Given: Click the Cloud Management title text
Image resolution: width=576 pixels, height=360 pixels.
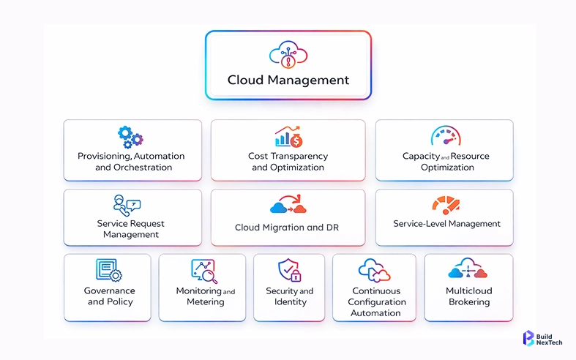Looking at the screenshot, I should click(x=288, y=80).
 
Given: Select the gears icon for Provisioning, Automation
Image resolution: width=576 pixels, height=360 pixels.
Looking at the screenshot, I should click(x=130, y=137).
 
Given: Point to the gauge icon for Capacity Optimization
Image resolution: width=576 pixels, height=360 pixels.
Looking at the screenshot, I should click(x=446, y=136).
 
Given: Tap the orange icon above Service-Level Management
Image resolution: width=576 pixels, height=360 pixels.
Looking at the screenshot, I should click(x=446, y=204).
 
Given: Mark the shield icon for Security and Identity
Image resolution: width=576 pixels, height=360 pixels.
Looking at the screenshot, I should click(x=289, y=271).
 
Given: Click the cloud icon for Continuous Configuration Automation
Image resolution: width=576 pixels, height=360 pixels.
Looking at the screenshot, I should click(x=374, y=271).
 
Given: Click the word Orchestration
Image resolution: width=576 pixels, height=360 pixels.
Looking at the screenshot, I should click(x=143, y=167).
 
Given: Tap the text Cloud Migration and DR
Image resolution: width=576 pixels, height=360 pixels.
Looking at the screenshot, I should click(x=287, y=228).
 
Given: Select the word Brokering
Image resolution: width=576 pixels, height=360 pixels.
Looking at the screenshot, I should click(x=468, y=301).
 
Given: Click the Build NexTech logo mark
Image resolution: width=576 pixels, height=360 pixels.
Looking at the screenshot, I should click(x=528, y=338).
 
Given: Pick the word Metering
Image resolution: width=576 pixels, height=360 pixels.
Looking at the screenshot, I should click(x=205, y=301).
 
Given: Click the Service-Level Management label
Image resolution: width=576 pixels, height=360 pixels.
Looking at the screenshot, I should click(x=446, y=224).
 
